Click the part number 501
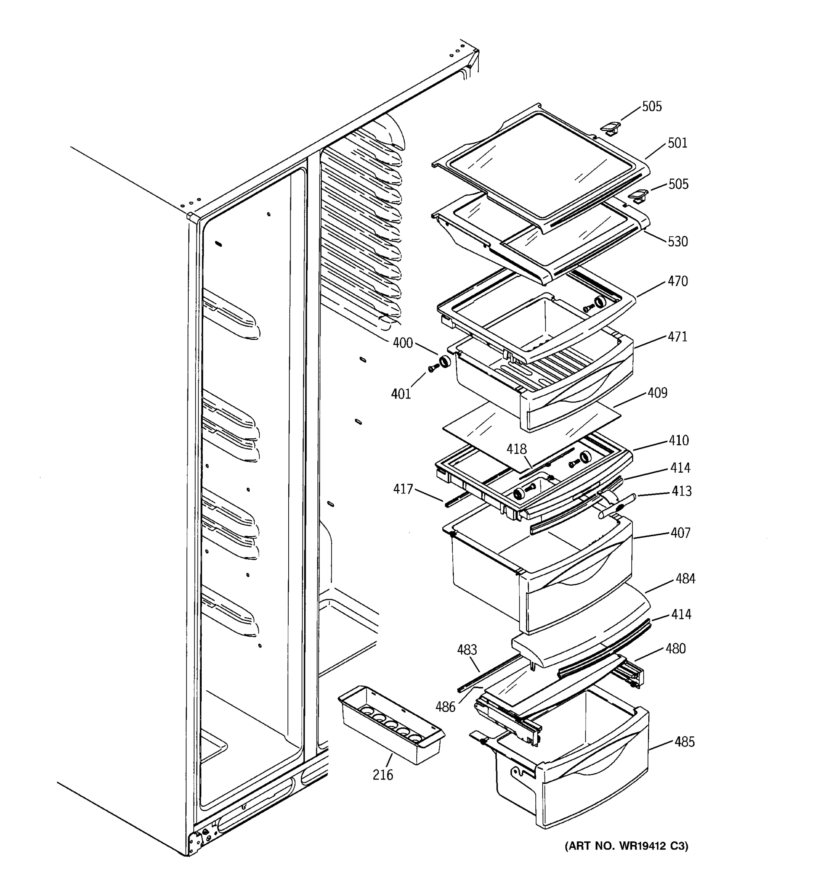(677, 143)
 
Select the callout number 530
(677, 241)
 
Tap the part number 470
(677, 282)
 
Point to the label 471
(677, 337)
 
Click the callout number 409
(657, 393)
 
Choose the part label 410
(678, 441)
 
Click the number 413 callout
(681, 492)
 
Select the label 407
(680, 533)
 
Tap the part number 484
(685, 579)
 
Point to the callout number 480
(675, 649)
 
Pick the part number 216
(382, 775)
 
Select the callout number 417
(403, 489)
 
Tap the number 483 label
(467, 650)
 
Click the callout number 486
(445, 707)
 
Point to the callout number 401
(401, 394)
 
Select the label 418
(516, 449)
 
